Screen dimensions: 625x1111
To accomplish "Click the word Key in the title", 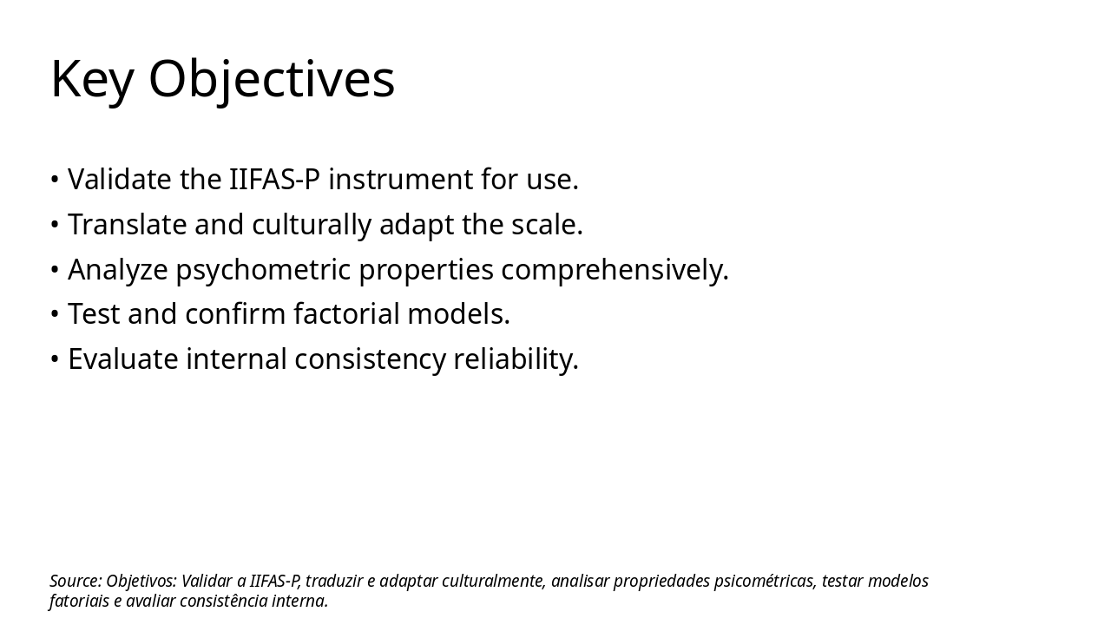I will [x=91, y=80].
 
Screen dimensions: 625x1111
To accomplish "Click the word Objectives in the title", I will [x=271, y=80].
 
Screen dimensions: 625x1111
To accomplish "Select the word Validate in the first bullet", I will [x=120, y=180].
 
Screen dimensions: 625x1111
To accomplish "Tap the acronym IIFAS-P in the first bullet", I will [x=273, y=180].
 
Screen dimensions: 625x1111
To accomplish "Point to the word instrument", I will [x=400, y=180].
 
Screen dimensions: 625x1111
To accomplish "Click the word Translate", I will [x=128, y=225].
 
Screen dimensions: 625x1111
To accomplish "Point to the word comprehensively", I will [x=614, y=270].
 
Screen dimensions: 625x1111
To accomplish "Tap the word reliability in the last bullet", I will [x=515, y=359].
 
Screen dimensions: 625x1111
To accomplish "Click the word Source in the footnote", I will [x=75, y=582].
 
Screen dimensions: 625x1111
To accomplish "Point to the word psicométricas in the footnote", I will [x=764, y=582].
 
